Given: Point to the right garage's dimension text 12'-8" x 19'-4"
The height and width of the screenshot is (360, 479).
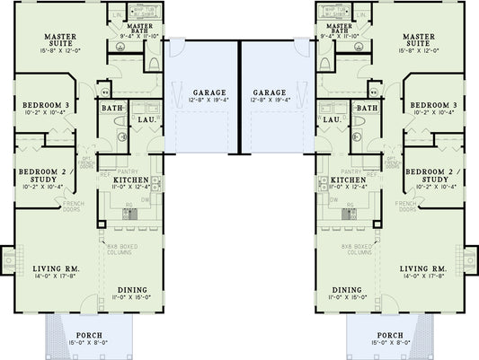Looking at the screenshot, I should (270, 101).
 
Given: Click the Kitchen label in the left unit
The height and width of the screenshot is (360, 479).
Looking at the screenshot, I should (129, 180).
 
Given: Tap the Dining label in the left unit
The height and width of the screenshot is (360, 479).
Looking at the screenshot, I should (131, 289).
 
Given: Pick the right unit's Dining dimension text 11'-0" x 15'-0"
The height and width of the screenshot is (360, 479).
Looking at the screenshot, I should (347, 295).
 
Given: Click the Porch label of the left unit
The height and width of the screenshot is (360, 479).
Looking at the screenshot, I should (88, 335).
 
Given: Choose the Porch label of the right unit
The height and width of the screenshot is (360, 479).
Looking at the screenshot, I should (390, 335).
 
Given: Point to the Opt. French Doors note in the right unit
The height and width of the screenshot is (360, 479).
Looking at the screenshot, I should (392, 162).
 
